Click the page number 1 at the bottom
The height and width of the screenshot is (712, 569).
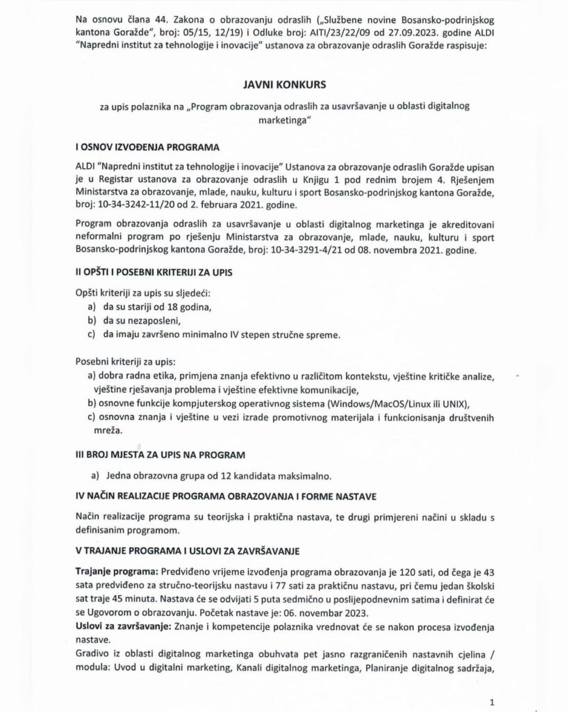pos(491,702)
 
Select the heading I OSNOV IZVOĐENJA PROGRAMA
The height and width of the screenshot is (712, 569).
pos(147,149)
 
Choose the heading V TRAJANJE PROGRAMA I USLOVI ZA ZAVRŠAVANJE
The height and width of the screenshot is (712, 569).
pos(187,551)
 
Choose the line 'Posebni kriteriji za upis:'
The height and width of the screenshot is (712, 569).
pos(124,362)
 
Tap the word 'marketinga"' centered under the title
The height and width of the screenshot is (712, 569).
pos(284,120)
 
